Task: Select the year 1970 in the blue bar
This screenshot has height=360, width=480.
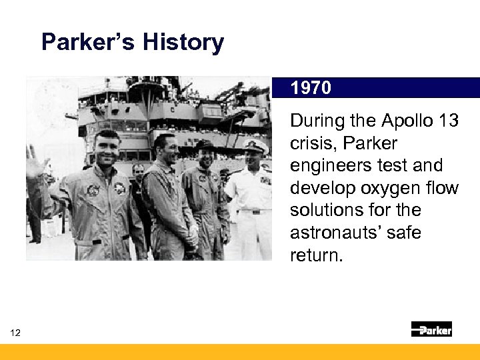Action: (311, 88)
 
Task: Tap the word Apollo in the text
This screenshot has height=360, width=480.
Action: (407, 121)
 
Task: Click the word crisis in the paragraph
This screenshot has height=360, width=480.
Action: (311, 143)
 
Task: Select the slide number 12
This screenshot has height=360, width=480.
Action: (15, 333)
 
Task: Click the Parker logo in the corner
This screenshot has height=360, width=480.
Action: (431, 329)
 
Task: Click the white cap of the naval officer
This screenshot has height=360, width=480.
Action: (255, 145)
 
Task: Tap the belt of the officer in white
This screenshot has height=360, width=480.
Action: (252, 211)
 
